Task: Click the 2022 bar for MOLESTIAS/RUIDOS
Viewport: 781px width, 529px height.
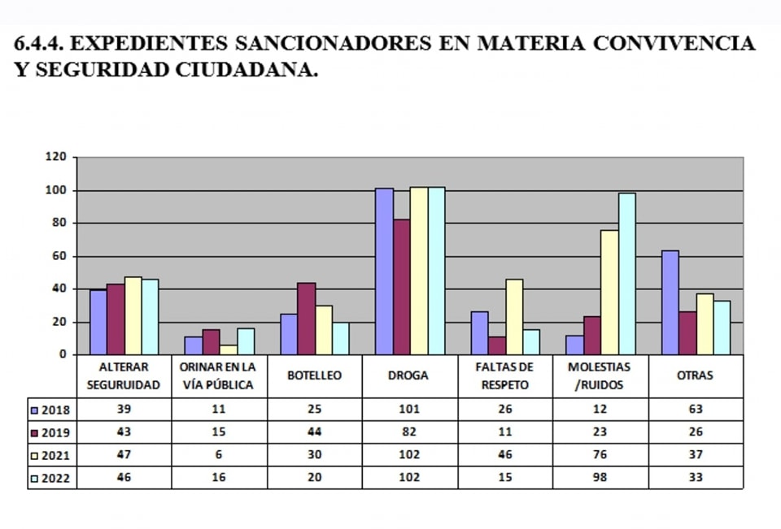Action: click(x=626, y=274)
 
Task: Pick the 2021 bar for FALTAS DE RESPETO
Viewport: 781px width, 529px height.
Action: click(x=514, y=317)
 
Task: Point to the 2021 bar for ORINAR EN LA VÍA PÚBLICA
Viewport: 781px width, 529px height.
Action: click(x=228, y=350)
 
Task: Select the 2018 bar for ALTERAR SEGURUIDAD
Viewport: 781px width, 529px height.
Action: click(x=98, y=323)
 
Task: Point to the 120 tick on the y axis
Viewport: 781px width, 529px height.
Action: click(x=55, y=158)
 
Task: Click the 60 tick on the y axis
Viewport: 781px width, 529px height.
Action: click(x=59, y=256)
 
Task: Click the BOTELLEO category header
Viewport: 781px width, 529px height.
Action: click(x=314, y=375)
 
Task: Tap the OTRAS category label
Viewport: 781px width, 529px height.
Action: click(x=695, y=375)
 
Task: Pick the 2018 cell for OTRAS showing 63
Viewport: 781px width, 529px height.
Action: click(x=695, y=410)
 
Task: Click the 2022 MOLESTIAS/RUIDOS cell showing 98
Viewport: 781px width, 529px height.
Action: click(x=600, y=478)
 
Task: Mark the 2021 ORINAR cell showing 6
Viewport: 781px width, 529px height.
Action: click(x=219, y=455)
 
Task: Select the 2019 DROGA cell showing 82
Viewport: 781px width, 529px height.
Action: click(x=410, y=432)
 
